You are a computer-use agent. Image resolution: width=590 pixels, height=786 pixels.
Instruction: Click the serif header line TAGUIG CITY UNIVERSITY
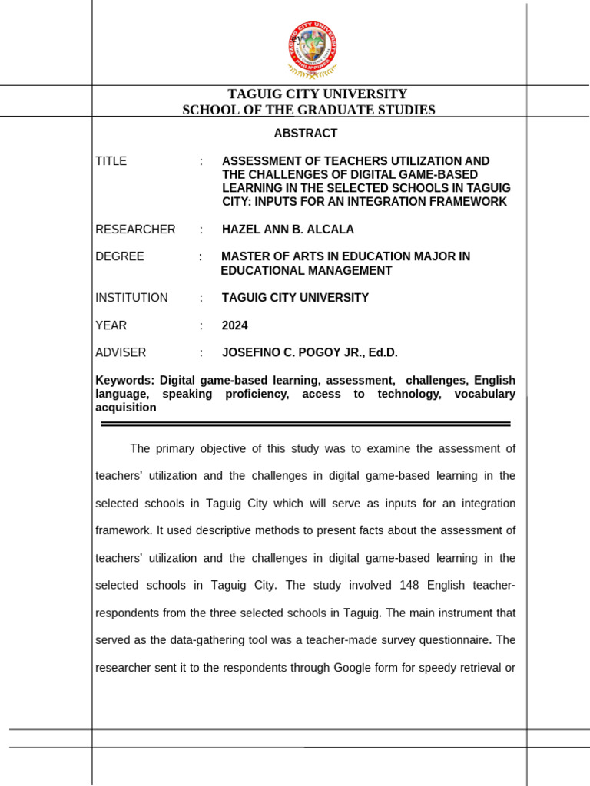tap(307, 94)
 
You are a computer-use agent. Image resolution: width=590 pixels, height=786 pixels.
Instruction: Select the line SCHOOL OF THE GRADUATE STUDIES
tap(308, 110)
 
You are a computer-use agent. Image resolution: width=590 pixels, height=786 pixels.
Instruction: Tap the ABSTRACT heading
tap(306, 134)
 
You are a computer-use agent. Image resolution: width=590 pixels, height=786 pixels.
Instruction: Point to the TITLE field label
tap(111, 161)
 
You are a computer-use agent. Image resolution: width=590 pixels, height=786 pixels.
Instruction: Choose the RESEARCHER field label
tap(135, 230)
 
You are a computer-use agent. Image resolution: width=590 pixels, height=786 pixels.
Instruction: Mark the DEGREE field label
tap(119, 256)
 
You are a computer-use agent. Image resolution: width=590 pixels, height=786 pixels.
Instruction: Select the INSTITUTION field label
tap(131, 298)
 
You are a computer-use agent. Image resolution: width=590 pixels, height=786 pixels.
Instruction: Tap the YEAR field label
tap(111, 325)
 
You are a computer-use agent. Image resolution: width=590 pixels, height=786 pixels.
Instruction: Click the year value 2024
tap(234, 325)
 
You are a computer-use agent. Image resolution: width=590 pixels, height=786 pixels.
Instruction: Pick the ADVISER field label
tap(121, 352)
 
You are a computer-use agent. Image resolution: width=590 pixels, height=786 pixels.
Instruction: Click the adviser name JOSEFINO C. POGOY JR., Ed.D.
tap(310, 352)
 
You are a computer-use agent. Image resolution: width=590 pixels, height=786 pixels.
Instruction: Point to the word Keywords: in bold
tap(124, 381)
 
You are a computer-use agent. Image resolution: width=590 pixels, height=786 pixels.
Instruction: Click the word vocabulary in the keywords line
tap(485, 394)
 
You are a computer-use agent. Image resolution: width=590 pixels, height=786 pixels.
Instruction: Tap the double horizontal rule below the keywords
tap(305, 423)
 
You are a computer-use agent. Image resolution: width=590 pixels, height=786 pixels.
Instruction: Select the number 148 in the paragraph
tap(409, 586)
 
